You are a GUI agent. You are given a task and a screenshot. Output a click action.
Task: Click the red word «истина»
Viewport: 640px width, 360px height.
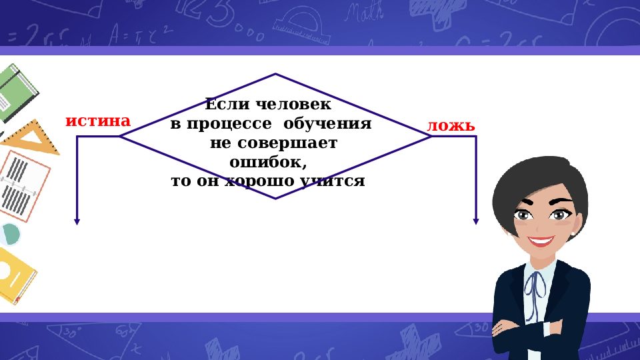(x=98, y=121)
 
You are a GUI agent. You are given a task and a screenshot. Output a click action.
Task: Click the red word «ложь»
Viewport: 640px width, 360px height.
(x=451, y=125)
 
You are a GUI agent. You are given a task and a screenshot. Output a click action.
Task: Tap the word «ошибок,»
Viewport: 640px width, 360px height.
(x=268, y=162)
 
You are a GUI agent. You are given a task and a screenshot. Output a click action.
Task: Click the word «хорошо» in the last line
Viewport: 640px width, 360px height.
(x=254, y=181)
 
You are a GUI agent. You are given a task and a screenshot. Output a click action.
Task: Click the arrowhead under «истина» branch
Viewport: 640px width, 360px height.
(x=77, y=221)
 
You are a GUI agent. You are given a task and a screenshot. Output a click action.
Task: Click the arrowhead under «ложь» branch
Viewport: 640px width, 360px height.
(x=476, y=221)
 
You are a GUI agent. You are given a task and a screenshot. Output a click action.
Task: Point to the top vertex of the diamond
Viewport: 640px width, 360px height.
(x=275, y=74)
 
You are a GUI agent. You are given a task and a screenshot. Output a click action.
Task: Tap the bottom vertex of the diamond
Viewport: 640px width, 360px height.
(x=275, y=198)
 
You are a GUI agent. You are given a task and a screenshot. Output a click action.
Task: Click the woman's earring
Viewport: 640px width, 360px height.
(x=573, y=235)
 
